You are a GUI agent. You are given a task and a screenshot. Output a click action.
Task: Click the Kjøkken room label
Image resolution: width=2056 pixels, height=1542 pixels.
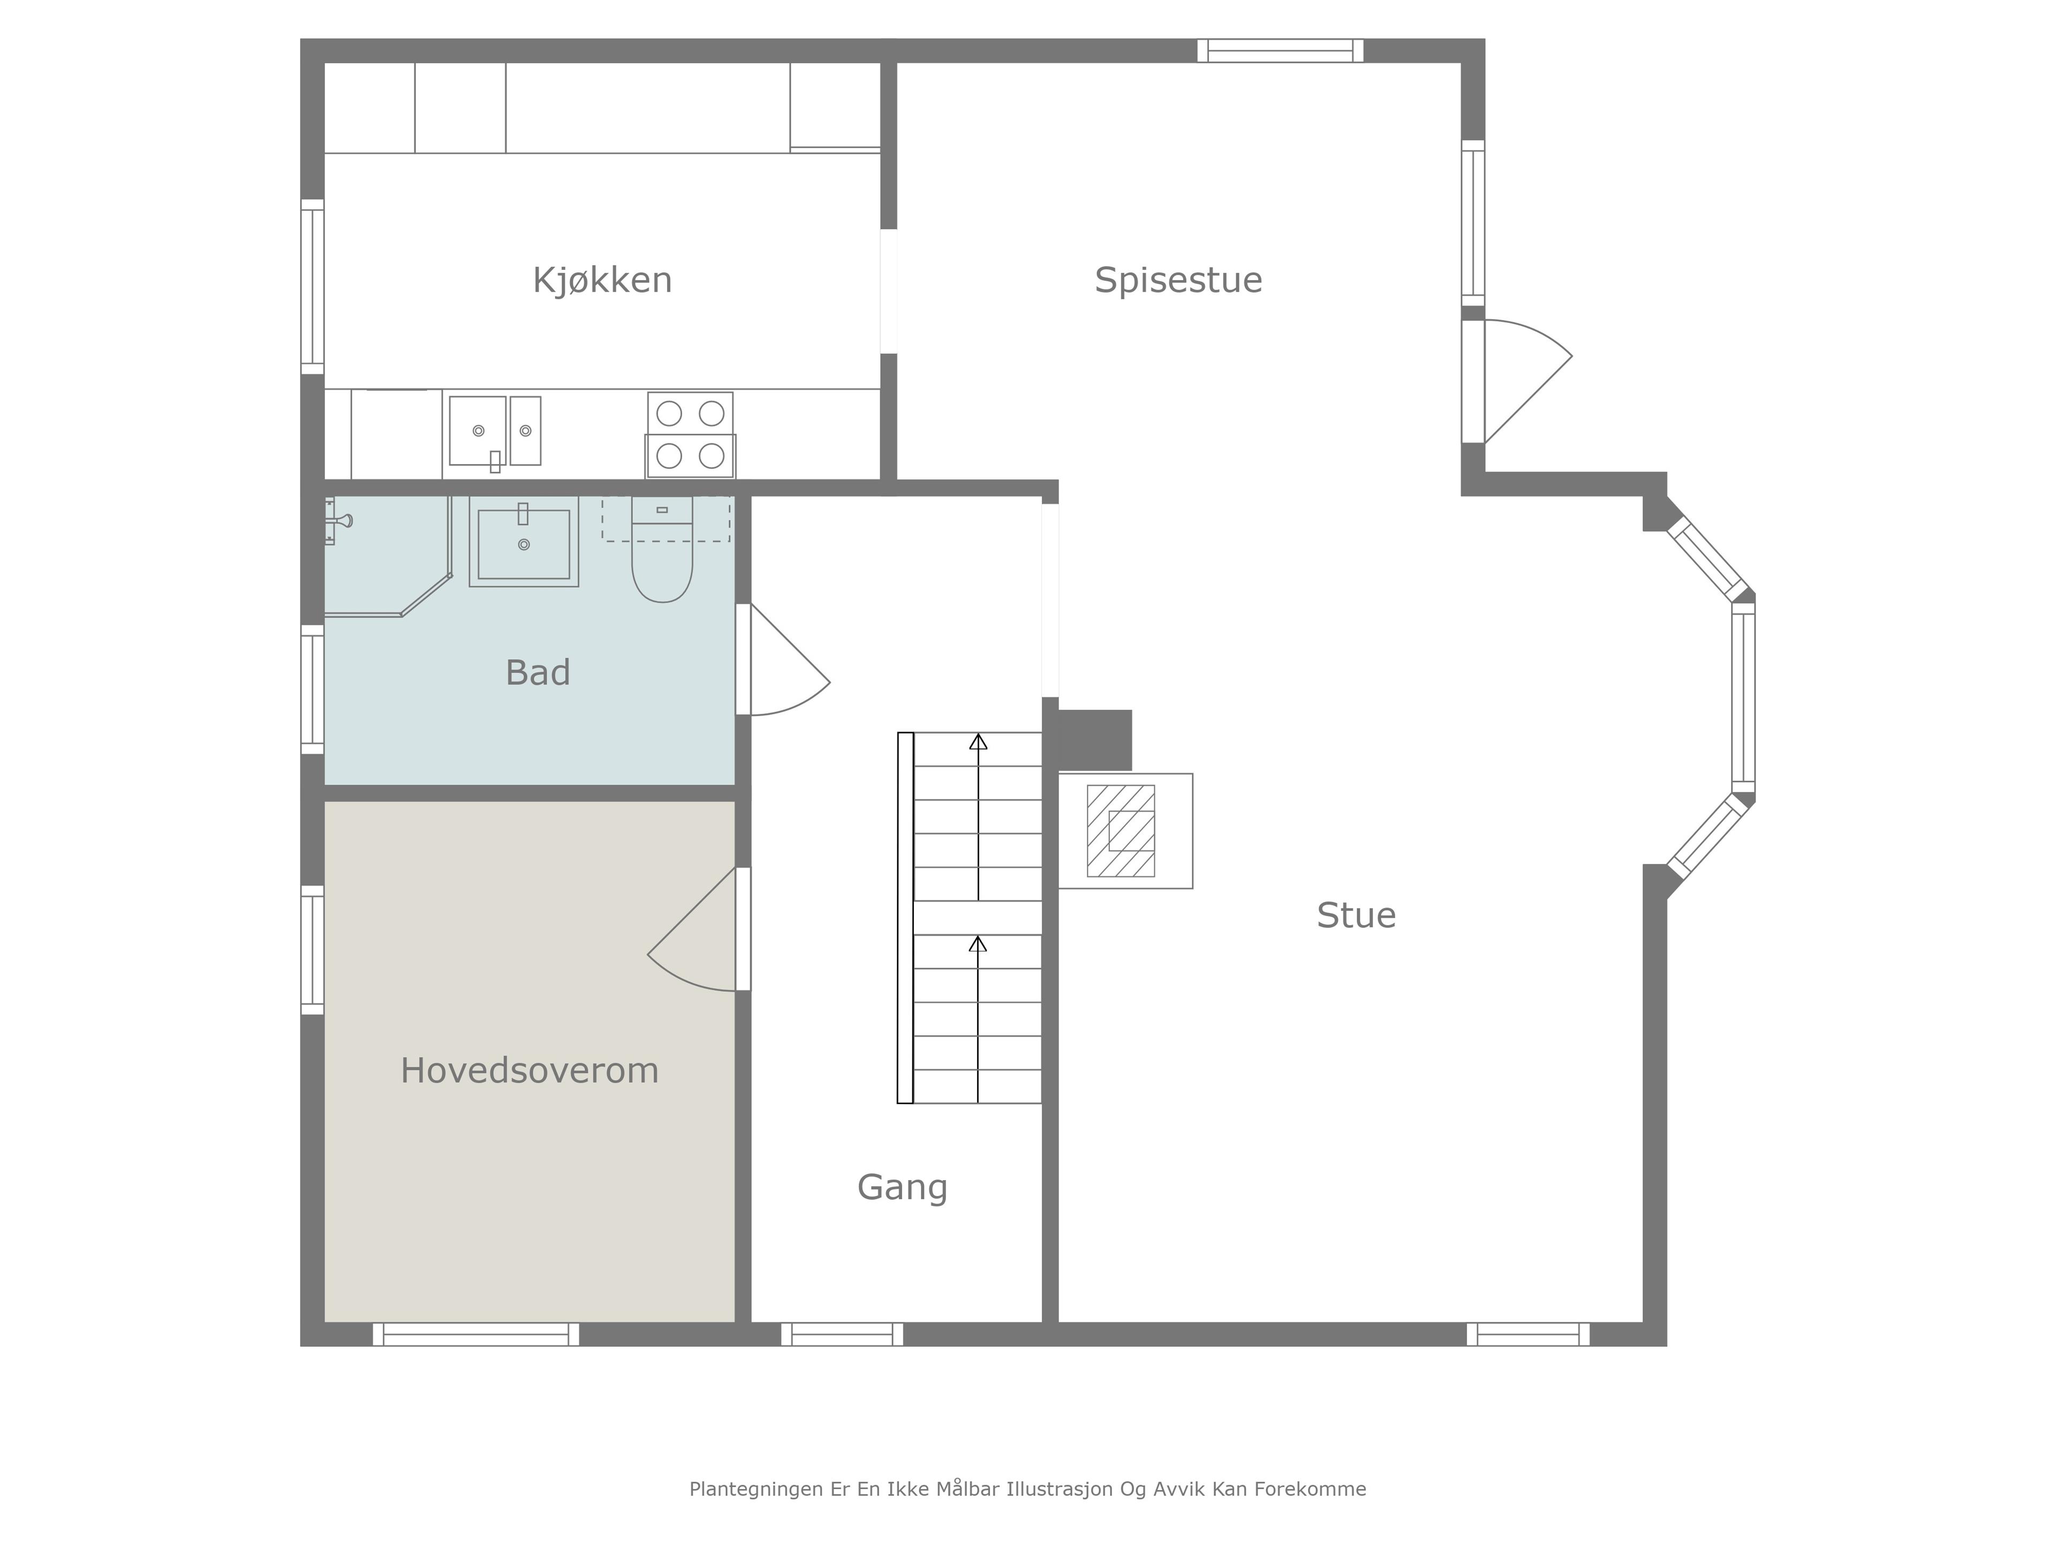point(602,280)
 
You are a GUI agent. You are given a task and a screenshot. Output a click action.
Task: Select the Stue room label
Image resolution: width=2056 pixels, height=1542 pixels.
point(1356,916)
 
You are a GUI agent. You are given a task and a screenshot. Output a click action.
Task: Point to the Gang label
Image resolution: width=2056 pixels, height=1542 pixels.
point(903,1188)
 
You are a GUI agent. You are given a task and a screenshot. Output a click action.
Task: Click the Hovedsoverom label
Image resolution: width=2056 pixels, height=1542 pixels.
point(530,1071)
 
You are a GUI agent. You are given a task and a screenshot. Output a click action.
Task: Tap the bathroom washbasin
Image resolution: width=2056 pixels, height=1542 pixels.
point(524,542)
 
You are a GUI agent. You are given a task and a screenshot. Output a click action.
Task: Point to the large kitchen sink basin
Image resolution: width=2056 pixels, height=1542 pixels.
point(478,431)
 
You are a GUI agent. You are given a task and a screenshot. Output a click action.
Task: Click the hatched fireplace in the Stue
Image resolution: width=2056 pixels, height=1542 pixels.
point(1121,831)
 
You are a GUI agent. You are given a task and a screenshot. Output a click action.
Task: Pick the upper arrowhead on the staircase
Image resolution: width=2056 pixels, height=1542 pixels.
point(978,742)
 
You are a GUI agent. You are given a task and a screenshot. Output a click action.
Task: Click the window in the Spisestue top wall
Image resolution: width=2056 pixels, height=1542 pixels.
point(1280,50)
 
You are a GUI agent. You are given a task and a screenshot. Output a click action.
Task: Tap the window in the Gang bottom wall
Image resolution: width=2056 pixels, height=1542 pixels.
point(842,1335)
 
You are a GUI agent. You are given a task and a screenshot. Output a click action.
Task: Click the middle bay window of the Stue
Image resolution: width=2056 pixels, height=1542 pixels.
point(1744,697)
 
